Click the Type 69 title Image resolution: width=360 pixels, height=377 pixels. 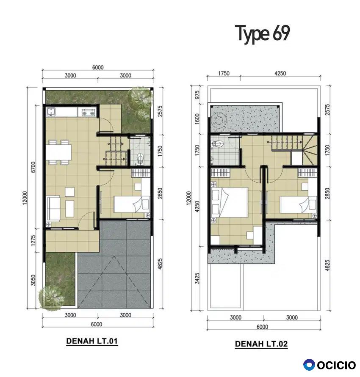pos(263,34)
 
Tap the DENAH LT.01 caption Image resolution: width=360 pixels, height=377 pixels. pos(92,341)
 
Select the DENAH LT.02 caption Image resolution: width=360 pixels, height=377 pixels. pos(261,344)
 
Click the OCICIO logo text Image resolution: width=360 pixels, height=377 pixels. pos(336,365)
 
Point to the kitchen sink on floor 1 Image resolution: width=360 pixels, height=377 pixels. pos(51,112)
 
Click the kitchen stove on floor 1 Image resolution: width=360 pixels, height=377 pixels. pos(89,112)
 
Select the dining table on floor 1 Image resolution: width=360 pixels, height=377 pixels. pos(59,152)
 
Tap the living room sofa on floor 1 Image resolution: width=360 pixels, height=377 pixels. pos(53,208)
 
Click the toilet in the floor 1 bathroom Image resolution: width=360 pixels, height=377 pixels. pos(141,159)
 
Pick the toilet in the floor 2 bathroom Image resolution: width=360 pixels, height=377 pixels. pos(218,144)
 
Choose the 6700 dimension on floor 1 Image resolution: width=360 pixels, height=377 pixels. pos(33,167)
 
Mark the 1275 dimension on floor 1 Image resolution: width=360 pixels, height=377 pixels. pos(33,240)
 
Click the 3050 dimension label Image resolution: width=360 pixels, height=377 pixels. pos(33,281)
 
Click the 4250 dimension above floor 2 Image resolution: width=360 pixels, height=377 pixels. pos(280,73)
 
